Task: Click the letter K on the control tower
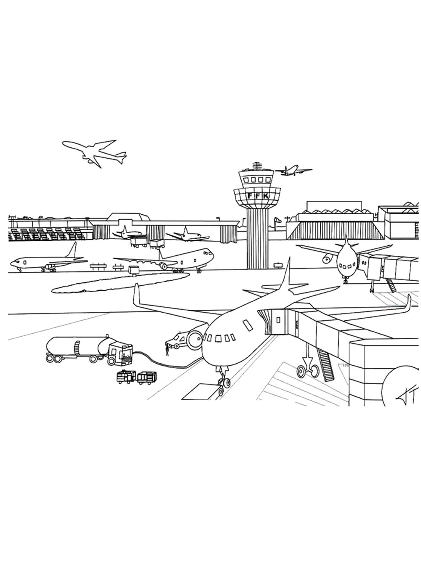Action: tap(266, 196)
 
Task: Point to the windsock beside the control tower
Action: tap(277, 220)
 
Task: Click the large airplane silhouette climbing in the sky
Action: tap(95, 153)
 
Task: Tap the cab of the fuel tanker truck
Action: tap(120, 354)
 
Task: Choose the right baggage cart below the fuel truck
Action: tap(147, 378)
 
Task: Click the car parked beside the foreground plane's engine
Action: tap(176, 340)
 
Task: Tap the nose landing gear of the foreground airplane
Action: tap(223, 382)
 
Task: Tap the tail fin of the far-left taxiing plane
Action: tap(72, 250)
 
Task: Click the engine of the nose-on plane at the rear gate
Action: tap(327, 260)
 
